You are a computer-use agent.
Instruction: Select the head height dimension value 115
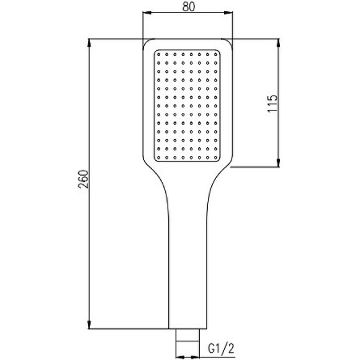coord(272,102)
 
